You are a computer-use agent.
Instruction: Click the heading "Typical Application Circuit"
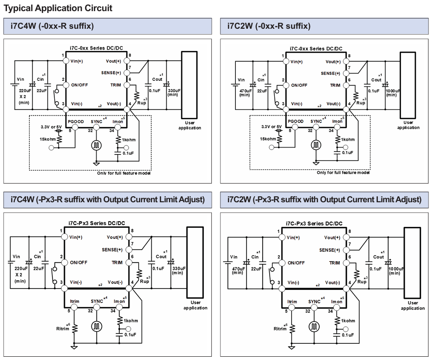[58, 8]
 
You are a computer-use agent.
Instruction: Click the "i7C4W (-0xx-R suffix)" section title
[52, 26]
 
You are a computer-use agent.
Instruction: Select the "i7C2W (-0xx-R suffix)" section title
[269, 26]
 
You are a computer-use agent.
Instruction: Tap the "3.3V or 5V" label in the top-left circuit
[51, 127]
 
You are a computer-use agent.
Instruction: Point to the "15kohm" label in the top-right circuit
[268, 139]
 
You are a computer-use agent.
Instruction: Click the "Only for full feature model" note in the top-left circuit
[124, 173]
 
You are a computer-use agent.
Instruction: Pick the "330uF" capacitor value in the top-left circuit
[174, 90]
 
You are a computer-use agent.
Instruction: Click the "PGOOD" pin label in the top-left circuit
[76, 122]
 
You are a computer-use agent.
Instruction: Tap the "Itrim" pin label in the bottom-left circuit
[74, 302]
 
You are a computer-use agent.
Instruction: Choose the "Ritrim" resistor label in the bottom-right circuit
[280, 329]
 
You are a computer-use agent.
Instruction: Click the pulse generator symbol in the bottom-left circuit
[97, 327]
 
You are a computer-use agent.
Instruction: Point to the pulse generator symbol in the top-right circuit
[316, 145]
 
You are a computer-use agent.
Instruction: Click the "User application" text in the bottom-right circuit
[413, 305]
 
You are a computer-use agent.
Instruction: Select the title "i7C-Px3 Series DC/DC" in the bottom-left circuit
[97, 223]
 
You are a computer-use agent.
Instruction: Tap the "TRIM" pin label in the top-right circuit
[335, 85]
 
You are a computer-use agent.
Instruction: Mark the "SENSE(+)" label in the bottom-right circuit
[330, 250]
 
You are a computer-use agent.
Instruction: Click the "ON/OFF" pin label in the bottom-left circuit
[78, 262]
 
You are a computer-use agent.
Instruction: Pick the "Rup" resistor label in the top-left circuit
[142, 103]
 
